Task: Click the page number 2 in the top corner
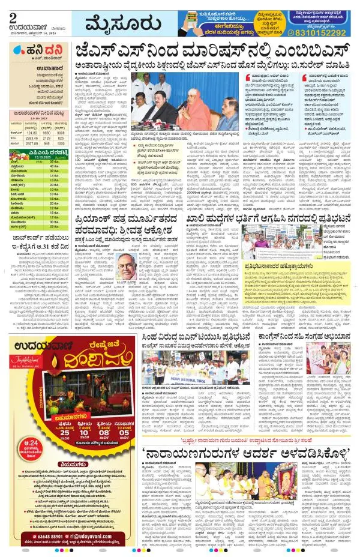click(13, 10)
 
